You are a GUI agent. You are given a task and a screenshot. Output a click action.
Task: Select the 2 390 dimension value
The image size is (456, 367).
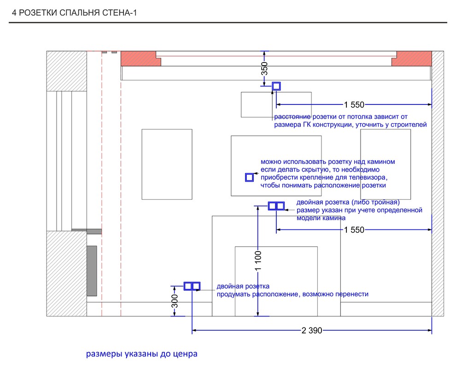coord(312,330)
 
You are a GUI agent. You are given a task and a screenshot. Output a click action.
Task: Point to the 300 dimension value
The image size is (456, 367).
coord(175,301)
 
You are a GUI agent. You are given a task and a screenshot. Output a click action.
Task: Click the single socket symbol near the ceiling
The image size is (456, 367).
coord(276,86)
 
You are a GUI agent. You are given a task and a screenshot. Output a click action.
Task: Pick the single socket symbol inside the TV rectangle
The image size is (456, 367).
coord(250,178)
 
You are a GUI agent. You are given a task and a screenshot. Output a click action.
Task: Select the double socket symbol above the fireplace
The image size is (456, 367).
coord(276,206)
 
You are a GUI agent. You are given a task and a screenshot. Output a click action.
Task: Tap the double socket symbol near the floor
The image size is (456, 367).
coord(192,287)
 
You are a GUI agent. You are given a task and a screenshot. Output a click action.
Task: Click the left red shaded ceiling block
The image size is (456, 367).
coord(141,58)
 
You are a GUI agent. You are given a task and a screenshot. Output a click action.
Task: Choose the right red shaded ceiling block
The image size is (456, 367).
coord(414,58)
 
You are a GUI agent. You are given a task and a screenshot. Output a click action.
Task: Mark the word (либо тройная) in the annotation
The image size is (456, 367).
coord(376,202)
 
